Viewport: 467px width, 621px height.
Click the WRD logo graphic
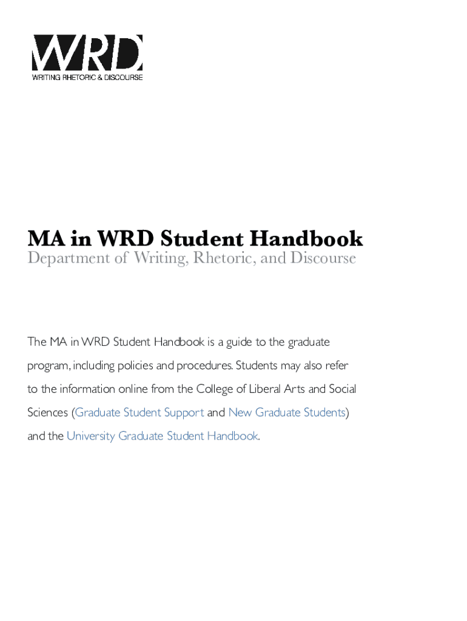pyautogui.click(x=87, y=53)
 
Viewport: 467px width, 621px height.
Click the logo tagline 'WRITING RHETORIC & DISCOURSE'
pyautogui.click(x=87, y=78)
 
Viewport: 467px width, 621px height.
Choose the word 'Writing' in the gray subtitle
pyautogui.click(x=160, y=258)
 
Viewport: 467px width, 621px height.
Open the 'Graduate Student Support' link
pyautogui.click(x=139, y=412)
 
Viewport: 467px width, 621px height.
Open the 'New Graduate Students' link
pyautogui.click(x=287, y=412)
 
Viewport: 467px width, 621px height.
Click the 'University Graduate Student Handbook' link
pyautogui.click(x=163, y=436)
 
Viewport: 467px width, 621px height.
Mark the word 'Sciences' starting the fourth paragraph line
pyautogui.click(x=48, y=412)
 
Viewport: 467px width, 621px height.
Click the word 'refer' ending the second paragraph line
pyautogui.click(x=337, y=366)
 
